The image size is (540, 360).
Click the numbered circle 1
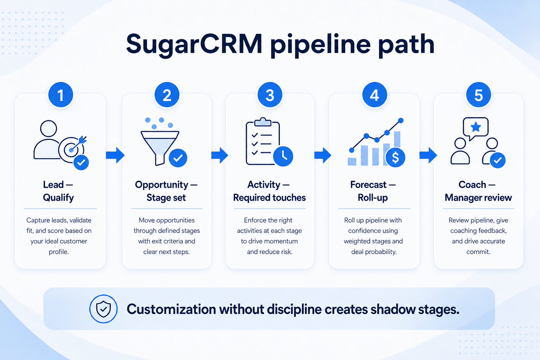61,95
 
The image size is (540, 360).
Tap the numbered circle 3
270,95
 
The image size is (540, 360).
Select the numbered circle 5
478,95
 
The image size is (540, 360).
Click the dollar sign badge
396,157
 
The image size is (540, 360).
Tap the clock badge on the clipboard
283,156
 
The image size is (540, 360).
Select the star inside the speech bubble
476,127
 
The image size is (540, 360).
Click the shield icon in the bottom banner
103,309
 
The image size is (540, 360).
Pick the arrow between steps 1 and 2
115,155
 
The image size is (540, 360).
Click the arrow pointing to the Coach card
428,155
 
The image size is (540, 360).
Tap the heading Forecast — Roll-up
373,191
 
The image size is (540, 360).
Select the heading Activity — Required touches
269,191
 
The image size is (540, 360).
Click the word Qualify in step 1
58,198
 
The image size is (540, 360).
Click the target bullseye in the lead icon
71,150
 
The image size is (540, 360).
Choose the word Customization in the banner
171,309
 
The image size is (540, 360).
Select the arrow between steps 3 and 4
323,155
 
